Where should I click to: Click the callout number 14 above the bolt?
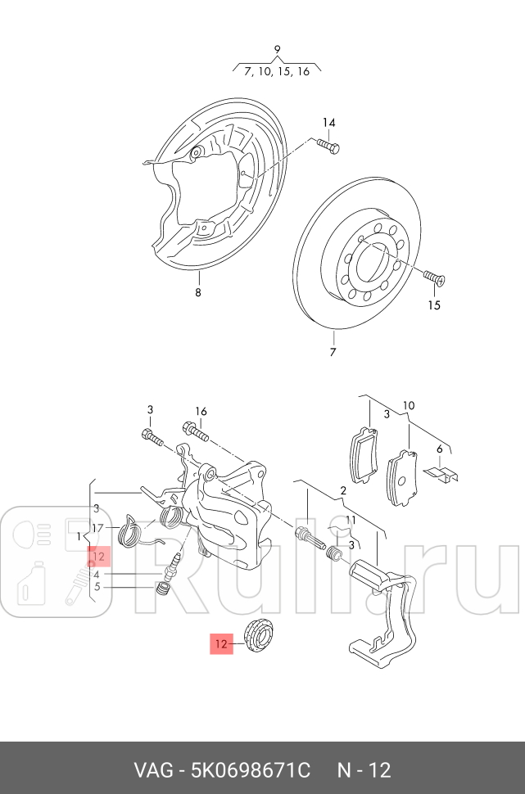pyautogui.click(x=328, y=123)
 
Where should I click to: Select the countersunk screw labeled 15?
pyautogui.click(x=434, y=279)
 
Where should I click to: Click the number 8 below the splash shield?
pyautogui.click(x=197, y=292)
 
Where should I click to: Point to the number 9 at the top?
pyautogui.click(x=277, y=49)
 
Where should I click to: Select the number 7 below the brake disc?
pyautogui.click(x=333, y=353)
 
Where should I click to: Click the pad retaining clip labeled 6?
pyautogui.click(x=443, y=474)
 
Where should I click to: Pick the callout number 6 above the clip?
pyautogui.click(x=440, y=449)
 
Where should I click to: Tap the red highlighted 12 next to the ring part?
pyautogui.click(x=221, y=644)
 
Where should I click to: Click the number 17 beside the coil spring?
pyautogui.click(x=97, y=527)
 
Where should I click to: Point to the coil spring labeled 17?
pyautogui.click(x=129, y=532)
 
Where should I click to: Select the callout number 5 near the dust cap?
pyautogui.click(x=97, y=586)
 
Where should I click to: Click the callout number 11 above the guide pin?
pyautogui.click(x=350, y=520)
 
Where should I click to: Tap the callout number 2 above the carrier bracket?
pyautogui.click(x=343, y=490)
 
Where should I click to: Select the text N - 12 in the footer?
pyautogui.click(x=364, y=770)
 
